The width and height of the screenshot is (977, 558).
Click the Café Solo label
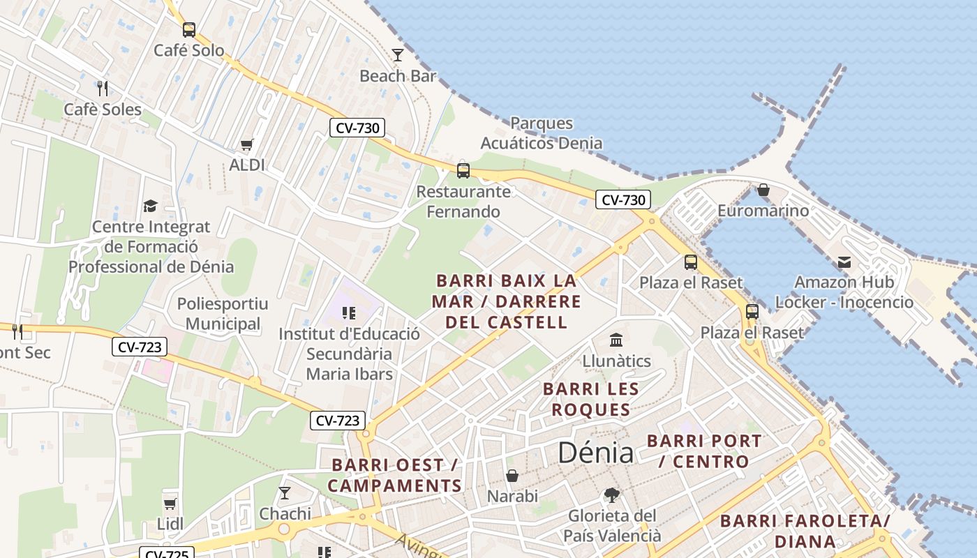pyautogui.click(x=189, y=50)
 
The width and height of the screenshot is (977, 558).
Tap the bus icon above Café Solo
pyautogui.click(x=189, y=29)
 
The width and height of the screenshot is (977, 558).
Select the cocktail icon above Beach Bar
pyautogui.click(x=398, y=54)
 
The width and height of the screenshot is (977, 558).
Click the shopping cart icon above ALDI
pyautogui.click(x=247, y=144)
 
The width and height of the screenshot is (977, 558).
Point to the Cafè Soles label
pyautogui.click(x=103, y=110)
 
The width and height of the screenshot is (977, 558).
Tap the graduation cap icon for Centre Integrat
pyautogui.click(x=151, y=206)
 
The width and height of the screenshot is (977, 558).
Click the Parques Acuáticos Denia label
pyautogui.click(x=542, y=133)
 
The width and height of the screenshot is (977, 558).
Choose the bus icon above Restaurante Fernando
pyautogui.click(x=463, y=170)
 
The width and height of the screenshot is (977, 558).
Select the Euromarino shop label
pyautogui.click(x=763, y=211)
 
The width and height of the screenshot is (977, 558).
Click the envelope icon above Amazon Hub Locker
pyautogui.click(x=844, y=262)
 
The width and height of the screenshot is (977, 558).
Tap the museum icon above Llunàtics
pyautogui.click(x=617, y=340)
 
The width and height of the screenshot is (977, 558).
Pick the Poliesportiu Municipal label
pyautogui.click(x=223, y=314)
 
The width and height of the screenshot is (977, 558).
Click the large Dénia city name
pyautogui.click(x=595, y=453)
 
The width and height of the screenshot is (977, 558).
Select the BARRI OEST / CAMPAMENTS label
pyautogui.click(x=395, y=475)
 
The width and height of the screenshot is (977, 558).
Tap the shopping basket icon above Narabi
pyautogui.click(x=512, y=476)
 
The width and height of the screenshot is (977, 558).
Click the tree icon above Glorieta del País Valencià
pyautogui.click(x=612, y=495)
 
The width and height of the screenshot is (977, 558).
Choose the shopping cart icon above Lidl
pyautogui.click(x=170, y=504)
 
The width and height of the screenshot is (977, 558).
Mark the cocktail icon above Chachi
pyautogui.click(x=285, y=493)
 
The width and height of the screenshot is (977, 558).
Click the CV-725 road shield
pyautogui.click(x=166, y=554)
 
